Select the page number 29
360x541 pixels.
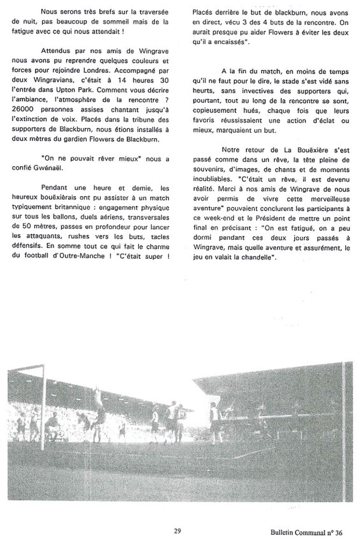[178, 531]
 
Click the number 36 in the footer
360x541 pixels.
[338, 533]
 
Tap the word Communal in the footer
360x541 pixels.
[310, 533]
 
